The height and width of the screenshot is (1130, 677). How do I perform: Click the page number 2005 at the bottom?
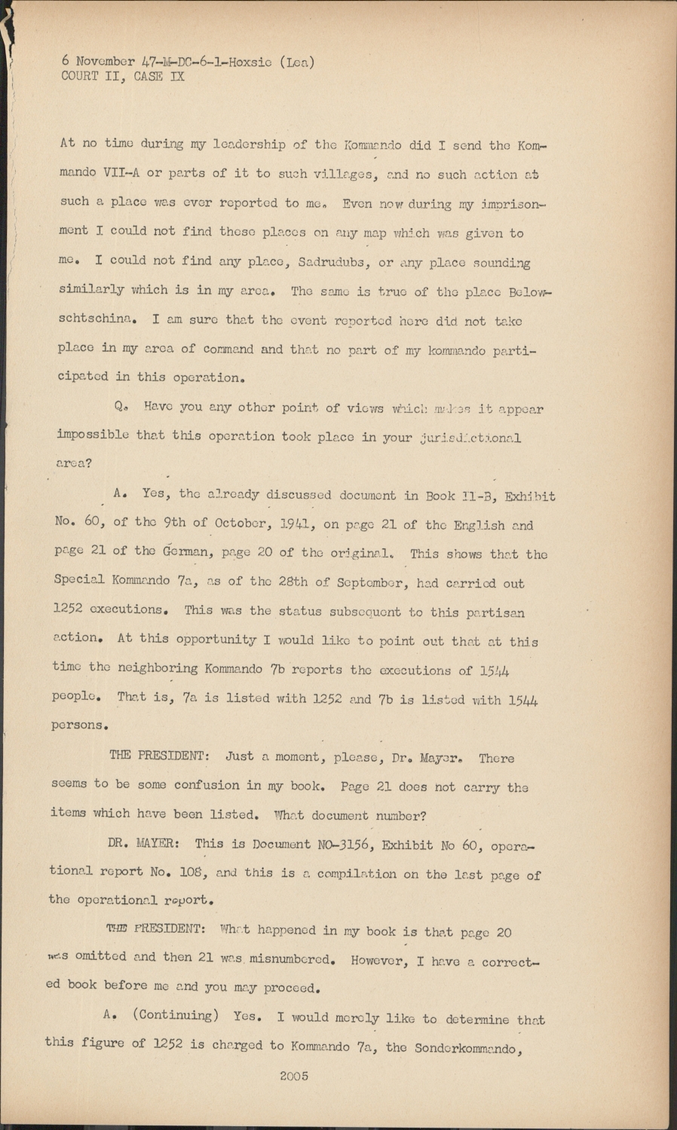click(294, 1077)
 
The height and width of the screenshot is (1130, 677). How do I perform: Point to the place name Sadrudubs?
click(334, 263)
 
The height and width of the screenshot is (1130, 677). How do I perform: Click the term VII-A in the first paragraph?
click(118, 173)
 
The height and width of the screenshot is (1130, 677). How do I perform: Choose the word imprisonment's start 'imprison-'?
click(509, 204)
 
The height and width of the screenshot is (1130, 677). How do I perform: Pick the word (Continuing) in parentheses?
click(175, 1015)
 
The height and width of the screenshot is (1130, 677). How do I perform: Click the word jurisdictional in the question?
click(470, 438)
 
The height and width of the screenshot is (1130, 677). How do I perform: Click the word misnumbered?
click(286, 960)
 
